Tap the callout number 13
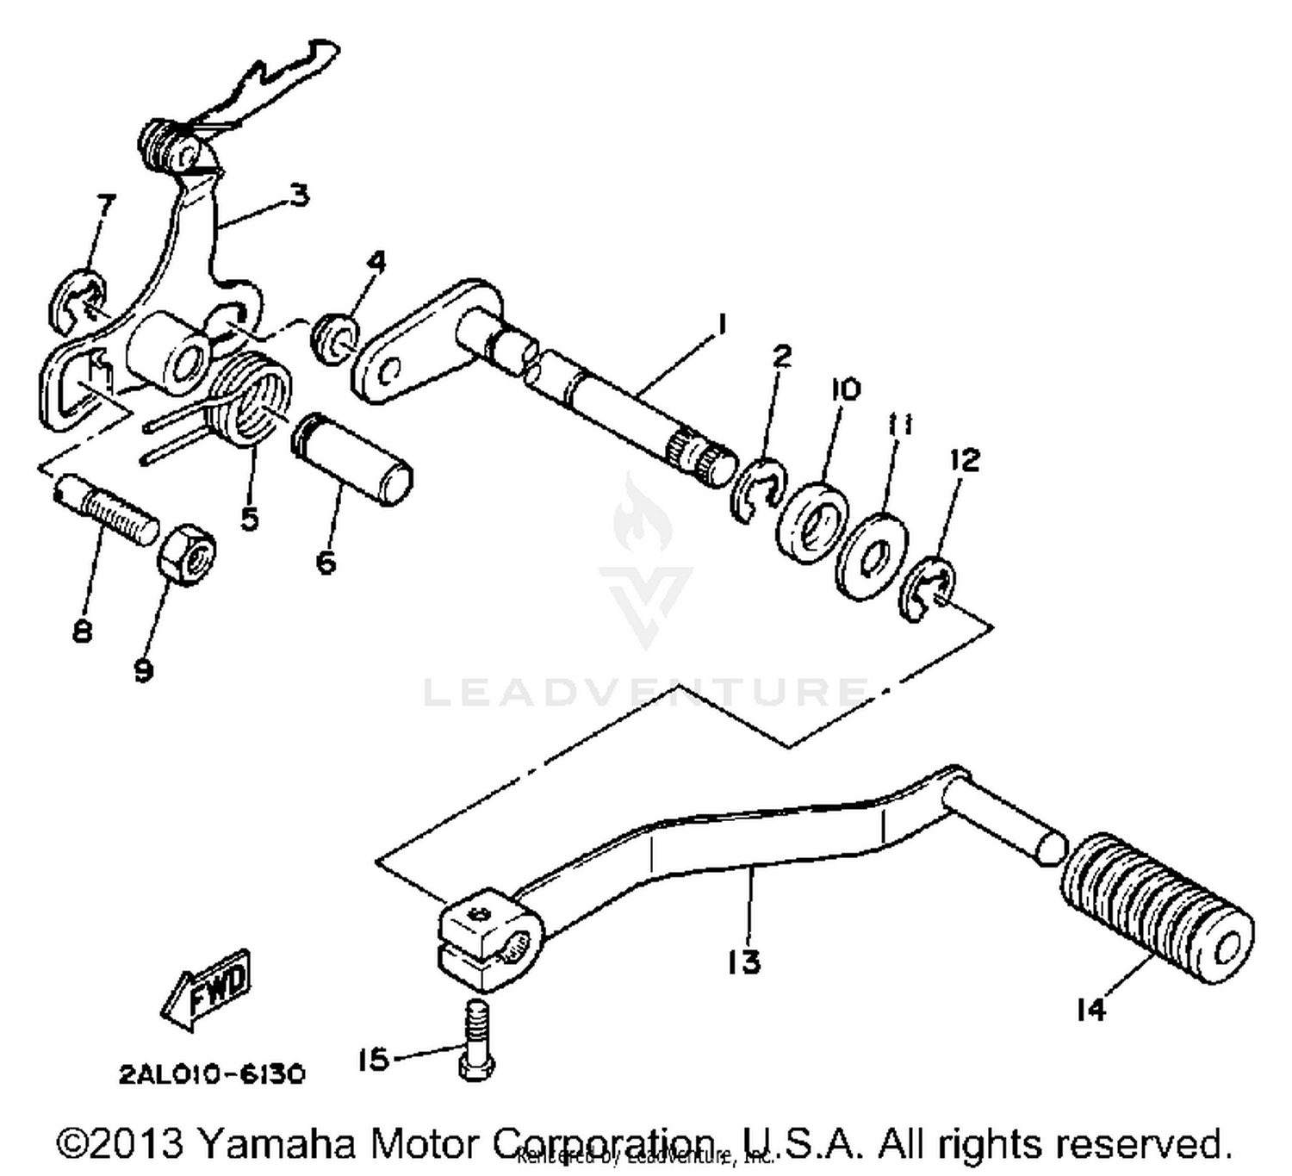click(x=743, y=961)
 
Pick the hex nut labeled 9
click(x=186, y=553)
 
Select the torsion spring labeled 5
click(x=250, y=401)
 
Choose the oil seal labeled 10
click(x=811, y=520)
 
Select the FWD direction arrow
click(x=207, y=989)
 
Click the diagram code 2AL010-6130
click(x=212, y=1075)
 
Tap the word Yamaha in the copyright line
click(x=276, y=1144)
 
